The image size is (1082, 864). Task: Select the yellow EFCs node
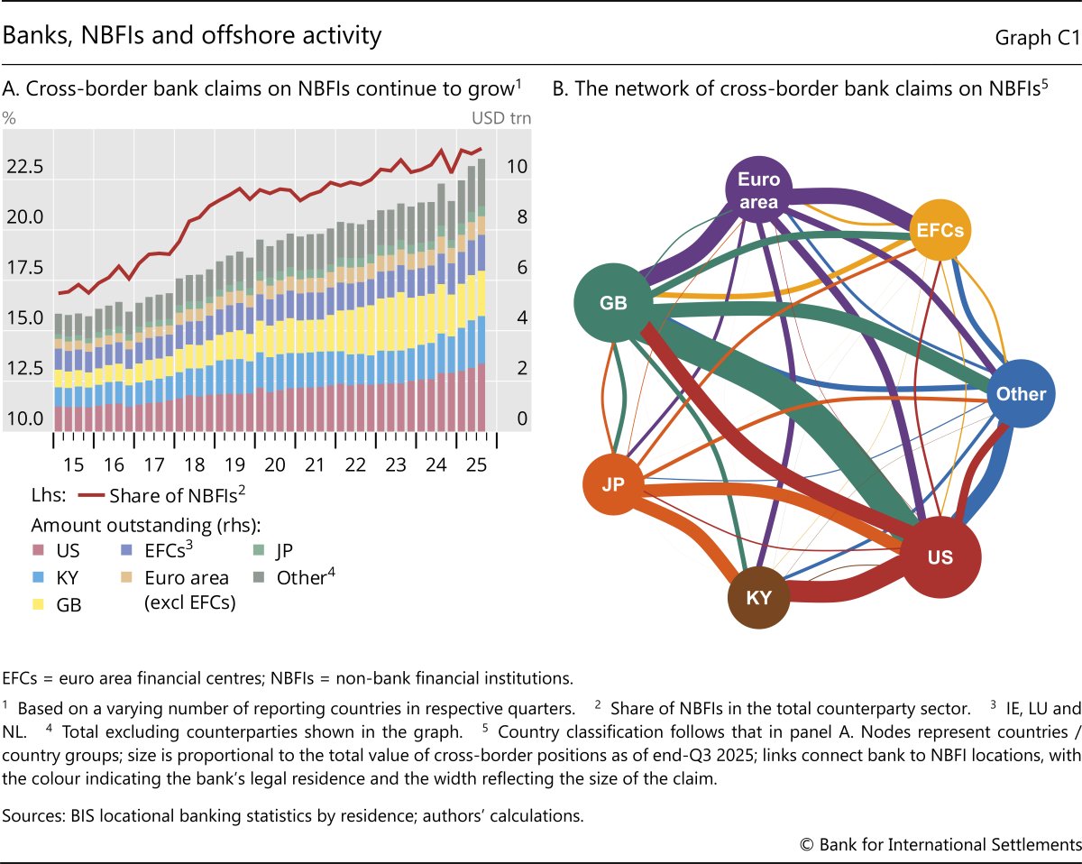click(940, 230)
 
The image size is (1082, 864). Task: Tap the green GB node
click(613, 303)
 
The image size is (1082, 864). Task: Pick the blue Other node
click(1021, 394)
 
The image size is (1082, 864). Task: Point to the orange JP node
click(613, 483)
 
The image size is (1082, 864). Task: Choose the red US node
click(940, 557)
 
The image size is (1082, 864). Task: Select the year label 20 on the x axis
click(275, 464)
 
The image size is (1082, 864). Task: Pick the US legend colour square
click(39, 549)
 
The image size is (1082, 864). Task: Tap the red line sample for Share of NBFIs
click(90, 495)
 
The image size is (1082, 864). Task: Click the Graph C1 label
click(1038, 37)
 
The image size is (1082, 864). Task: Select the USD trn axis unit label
click(501, 118)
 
